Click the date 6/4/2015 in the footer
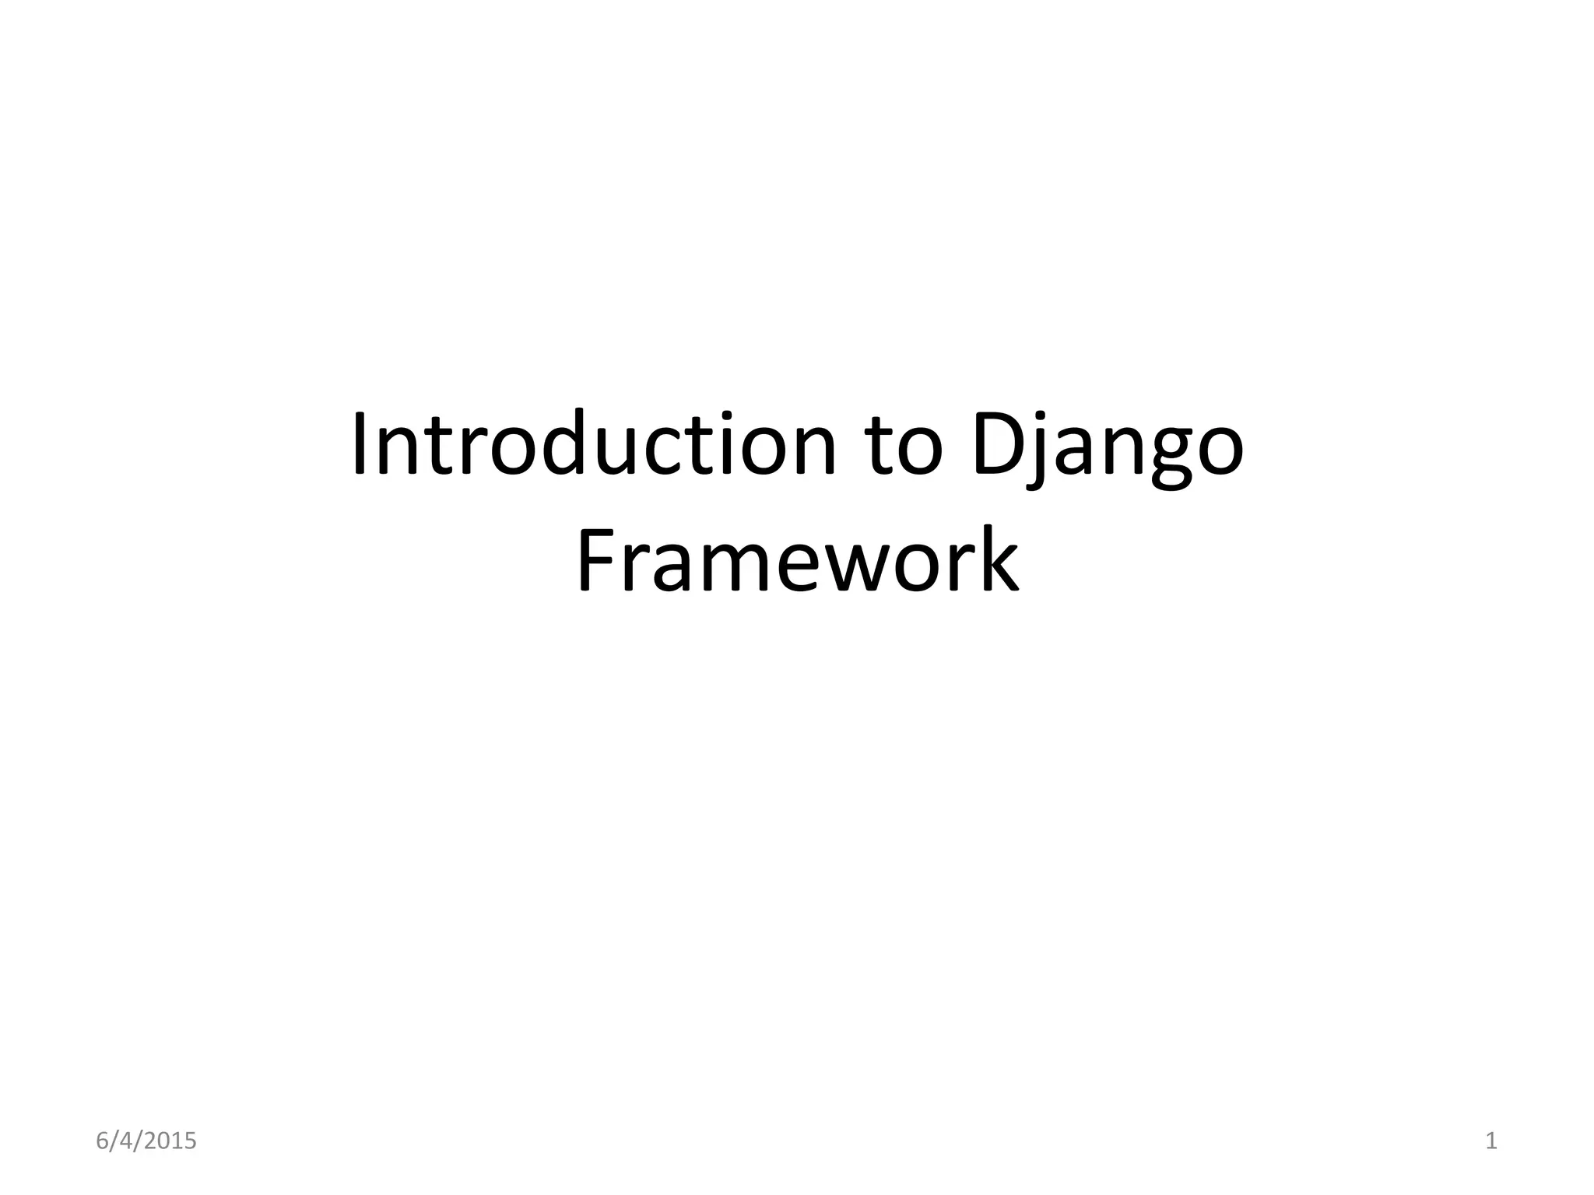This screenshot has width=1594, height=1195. (146, 1141)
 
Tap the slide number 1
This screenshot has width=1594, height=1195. (1491, 1141)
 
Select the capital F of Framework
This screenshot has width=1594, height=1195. (596, 559)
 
